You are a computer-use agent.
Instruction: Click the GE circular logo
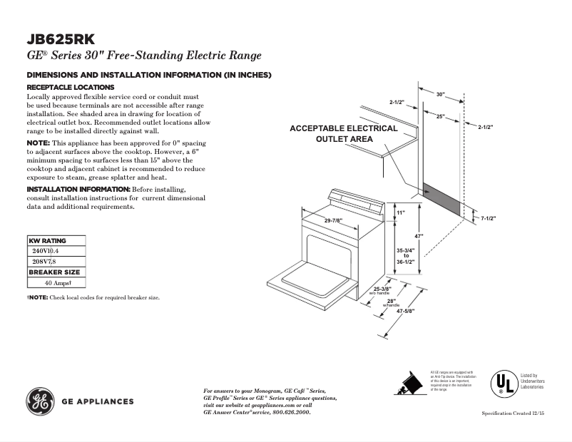(x=40, y=401)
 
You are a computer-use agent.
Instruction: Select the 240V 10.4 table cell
(x=46, y=251)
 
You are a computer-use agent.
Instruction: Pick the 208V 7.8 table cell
(x=44, y=262)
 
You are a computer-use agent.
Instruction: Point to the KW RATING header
(x=47, y=241)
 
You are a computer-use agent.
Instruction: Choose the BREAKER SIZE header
(x=54, y=272)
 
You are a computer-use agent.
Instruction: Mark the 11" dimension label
(x=400, y=212)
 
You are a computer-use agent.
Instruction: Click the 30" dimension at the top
(x=440, y=94)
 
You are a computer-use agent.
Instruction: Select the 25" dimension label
(x=441, y=115)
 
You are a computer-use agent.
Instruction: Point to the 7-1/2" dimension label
(x=488, y=218)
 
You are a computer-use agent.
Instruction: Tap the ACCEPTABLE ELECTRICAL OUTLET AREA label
(x=344, y=133)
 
